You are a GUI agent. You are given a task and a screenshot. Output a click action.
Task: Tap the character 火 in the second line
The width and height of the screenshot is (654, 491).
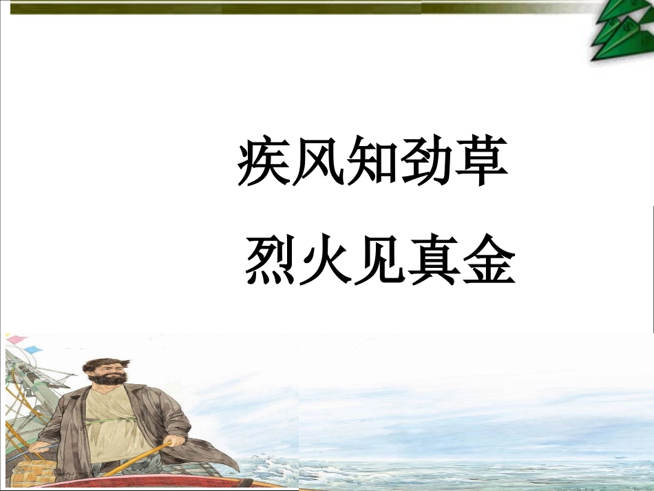coord(326,262)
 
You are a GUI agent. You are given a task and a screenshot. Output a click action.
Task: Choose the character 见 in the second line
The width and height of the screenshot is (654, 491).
coord(380,262)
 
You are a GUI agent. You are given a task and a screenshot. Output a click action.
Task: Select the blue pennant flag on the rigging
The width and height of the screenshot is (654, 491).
coord(33,351)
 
